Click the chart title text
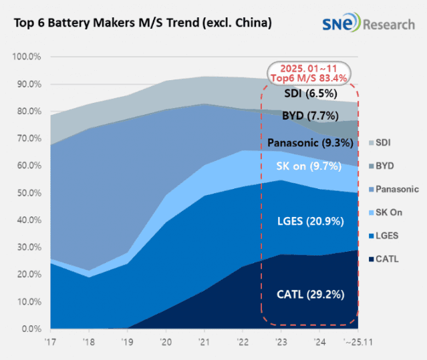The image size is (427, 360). click(x=142, y=23)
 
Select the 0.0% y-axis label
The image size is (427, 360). click(x=30, y=329)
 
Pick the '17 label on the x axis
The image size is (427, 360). click(x=50, y=341)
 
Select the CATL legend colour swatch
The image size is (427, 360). click(x=371, y=258)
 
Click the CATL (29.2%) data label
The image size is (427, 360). click(x=309, y=294)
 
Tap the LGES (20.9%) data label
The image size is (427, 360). click(x=309, y=221)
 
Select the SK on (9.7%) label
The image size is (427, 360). click(x=309, y=165)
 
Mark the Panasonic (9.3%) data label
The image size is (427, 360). click(x=309, y=142)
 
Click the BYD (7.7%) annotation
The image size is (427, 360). click(x=309, y=115)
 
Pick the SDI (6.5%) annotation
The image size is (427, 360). click(x=309, y=94)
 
